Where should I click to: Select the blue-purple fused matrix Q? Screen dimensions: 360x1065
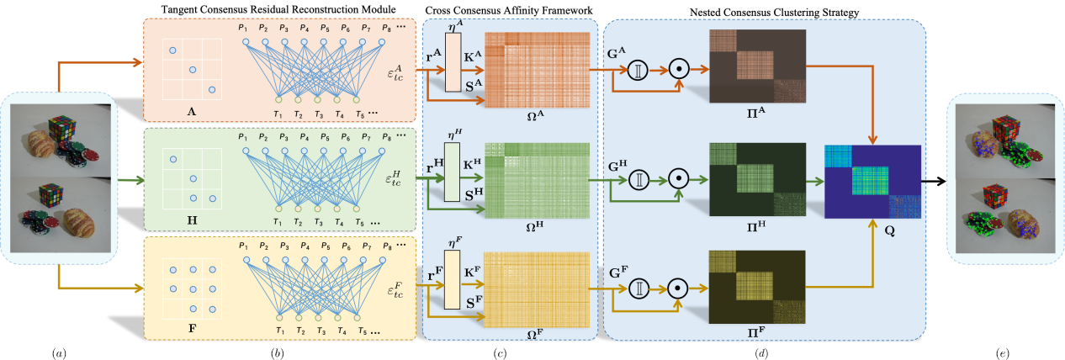(x=872, y=182)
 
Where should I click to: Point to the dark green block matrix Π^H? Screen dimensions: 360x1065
(x=758, y=181)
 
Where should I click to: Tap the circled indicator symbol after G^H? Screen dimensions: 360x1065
(x=638, y=180)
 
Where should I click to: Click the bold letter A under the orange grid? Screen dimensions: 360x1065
(x=192, y=109)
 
